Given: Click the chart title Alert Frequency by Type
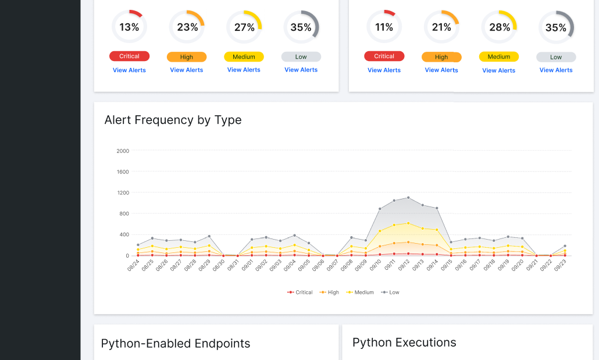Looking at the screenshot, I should [173, 120].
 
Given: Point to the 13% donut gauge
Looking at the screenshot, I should [129, 27].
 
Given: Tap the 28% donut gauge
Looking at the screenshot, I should [499, 27].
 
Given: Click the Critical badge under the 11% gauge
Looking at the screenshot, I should [384, 56].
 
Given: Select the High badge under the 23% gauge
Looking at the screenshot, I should [186, 57].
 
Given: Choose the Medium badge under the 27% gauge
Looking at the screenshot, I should [244, 57].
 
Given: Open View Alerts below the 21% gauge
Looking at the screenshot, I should [441, 70].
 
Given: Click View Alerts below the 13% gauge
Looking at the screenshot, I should [129, 70].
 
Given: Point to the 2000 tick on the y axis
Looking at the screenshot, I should [123, 151].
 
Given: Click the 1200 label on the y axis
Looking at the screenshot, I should [123, 193].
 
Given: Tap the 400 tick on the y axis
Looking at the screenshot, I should [124, 234].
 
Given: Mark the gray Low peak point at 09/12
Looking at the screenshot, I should [408, 198].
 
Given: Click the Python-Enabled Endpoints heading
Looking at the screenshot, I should [176, 343].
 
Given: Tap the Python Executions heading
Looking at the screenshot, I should [404, 342].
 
